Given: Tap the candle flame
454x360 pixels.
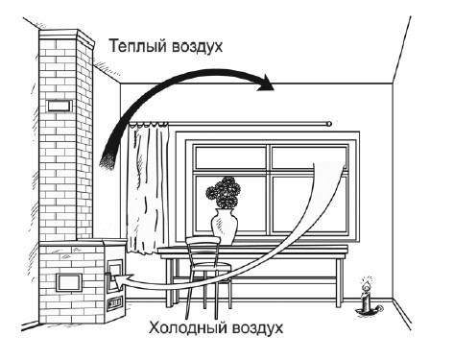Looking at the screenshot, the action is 365,284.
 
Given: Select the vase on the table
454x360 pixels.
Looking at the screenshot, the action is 224,228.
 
